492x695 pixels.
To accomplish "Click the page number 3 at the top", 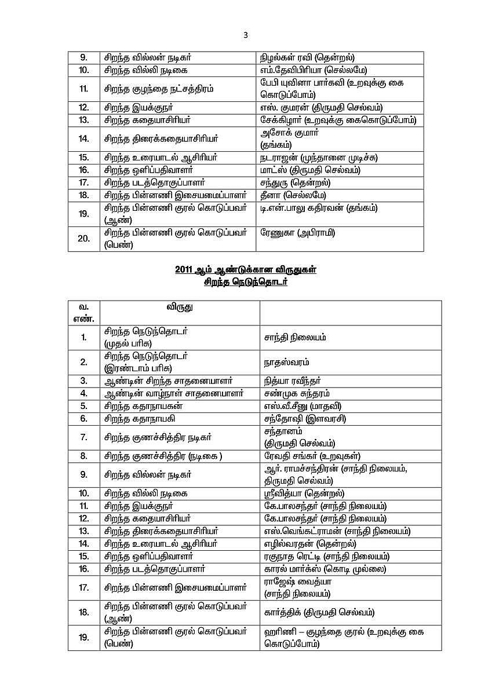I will pyautogui.click(x=246, y=35).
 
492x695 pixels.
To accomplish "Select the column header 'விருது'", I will pyautogui.click(x=180, y=308).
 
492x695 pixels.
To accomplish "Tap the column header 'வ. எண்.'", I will pyautogui.click(x=83, y=313).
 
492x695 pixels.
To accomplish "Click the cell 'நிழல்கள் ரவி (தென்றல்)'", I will pyautogui.click(x=308, y=57).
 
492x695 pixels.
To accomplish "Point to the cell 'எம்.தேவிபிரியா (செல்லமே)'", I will pyautogui.click(x=314, y=70).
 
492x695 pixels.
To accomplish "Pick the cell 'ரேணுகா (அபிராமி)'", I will pyautogui.click(x=299, y=233).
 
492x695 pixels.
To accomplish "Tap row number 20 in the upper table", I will pyautogui.click(x=83, y=239).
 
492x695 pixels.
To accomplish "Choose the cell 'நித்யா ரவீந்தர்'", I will pyautogui.click(x=292, y=381).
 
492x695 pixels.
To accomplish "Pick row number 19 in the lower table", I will pyautogui.click(x=83, y=637).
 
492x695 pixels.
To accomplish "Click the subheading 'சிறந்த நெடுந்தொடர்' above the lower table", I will pyautogui.click(x=246, y=283).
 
